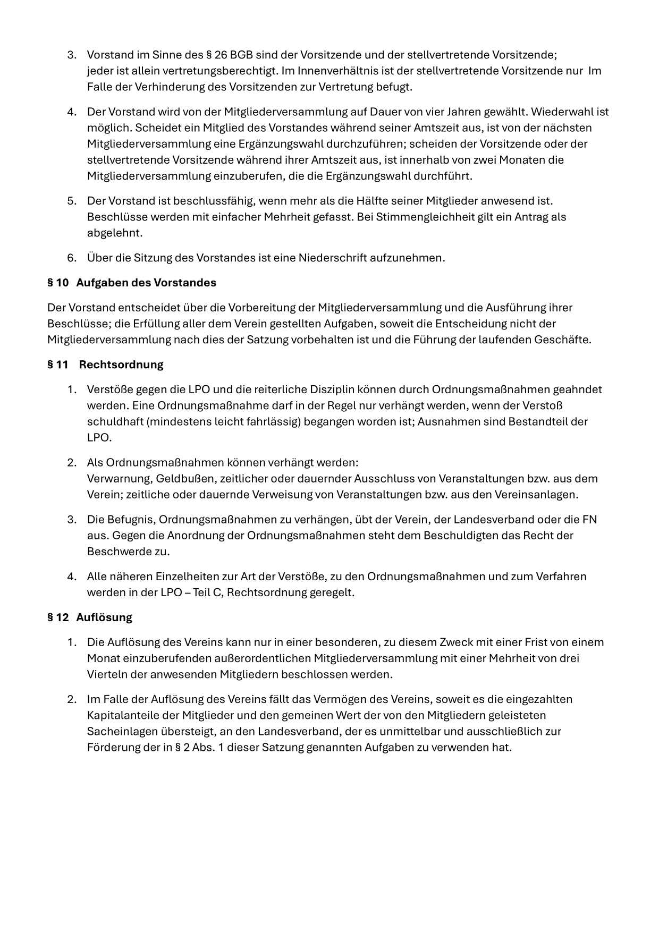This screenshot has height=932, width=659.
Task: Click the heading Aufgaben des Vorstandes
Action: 146,283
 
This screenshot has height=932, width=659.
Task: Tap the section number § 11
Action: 58,365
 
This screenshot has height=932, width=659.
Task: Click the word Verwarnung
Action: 117,478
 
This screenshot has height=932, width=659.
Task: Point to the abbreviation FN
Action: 589,519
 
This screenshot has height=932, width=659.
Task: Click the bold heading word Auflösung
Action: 104,617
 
